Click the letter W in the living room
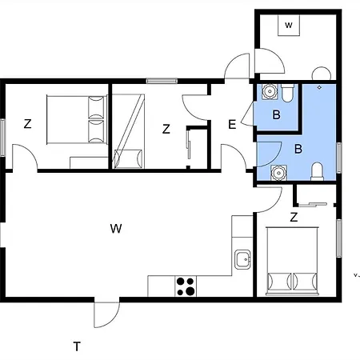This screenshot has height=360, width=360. click(116, 230)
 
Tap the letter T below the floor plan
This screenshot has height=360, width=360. click(77, 346)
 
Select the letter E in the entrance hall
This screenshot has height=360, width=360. click(231, 124)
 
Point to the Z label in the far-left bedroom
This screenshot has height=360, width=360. click(27, 124)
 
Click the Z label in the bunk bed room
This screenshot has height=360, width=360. click(166, 129)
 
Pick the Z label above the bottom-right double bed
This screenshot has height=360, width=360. click(294, 217)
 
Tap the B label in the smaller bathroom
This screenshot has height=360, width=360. click(276, 115)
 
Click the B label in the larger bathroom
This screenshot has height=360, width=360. click(298, 149)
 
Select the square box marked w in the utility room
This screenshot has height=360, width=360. click(288, 26)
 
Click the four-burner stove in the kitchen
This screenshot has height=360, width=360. click(186, 286)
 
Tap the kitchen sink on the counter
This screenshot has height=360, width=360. click(242, 259)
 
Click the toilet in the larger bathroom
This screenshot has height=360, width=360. click(317, 170)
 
